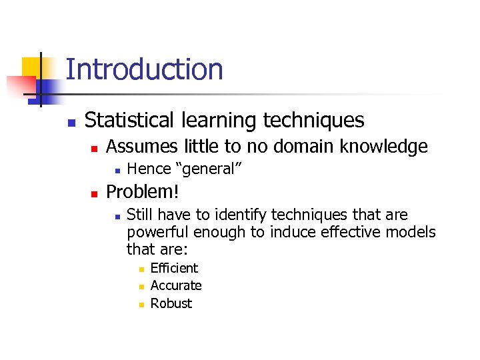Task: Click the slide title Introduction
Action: point(144,69)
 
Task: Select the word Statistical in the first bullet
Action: point(125,120)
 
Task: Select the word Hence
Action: point(146,169)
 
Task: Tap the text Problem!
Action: point(143,192)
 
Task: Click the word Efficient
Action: point(174,268)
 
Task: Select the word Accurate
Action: point(176,285)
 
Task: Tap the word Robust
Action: point(171,303)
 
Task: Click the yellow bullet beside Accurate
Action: point(141,287)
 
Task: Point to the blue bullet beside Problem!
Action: point(95,193)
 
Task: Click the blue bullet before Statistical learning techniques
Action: point(72,123)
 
